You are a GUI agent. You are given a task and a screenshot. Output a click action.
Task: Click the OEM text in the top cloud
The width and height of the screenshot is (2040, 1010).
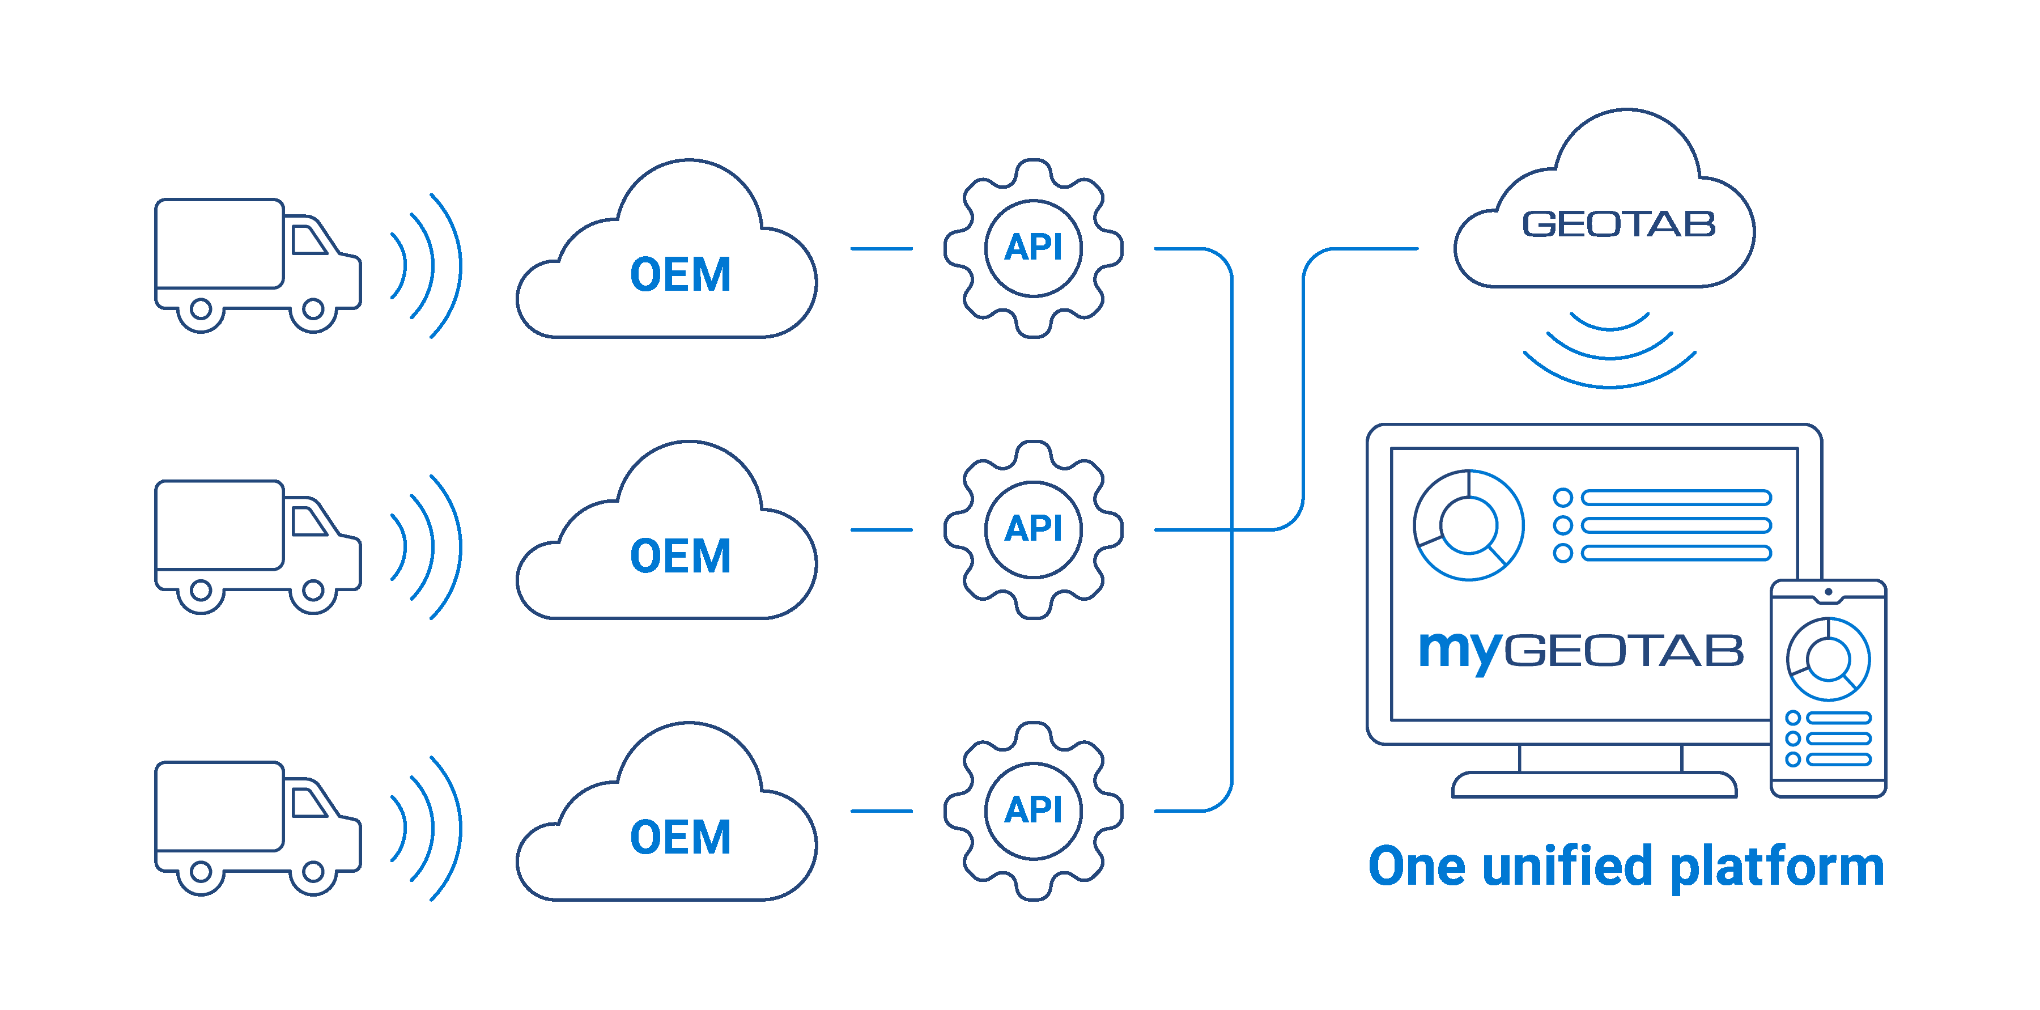pos(679,275)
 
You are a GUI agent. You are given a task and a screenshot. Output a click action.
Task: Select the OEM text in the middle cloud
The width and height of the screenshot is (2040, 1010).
pos(679,556)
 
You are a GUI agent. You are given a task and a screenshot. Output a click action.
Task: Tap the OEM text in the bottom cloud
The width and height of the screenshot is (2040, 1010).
pos(679,837)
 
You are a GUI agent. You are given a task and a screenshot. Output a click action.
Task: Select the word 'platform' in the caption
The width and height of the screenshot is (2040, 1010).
pos(1777,867)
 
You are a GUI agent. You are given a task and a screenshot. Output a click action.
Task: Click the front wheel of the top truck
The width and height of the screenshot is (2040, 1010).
pos(313,308)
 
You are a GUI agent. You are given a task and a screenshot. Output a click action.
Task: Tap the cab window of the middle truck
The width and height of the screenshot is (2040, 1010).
pos(308,521)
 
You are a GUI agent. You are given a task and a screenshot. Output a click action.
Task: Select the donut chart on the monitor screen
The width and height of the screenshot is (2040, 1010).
pos(1468,525)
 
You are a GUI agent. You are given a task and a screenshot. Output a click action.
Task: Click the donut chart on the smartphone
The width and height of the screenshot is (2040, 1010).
pos(1827,659)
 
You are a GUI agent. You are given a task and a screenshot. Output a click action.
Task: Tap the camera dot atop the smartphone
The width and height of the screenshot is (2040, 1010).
pos(1827,592)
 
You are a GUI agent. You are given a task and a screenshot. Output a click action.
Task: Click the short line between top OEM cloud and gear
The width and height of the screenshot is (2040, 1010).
pos(881,249)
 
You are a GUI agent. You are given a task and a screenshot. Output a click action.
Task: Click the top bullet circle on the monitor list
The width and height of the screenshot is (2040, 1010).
pos(1562,498)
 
